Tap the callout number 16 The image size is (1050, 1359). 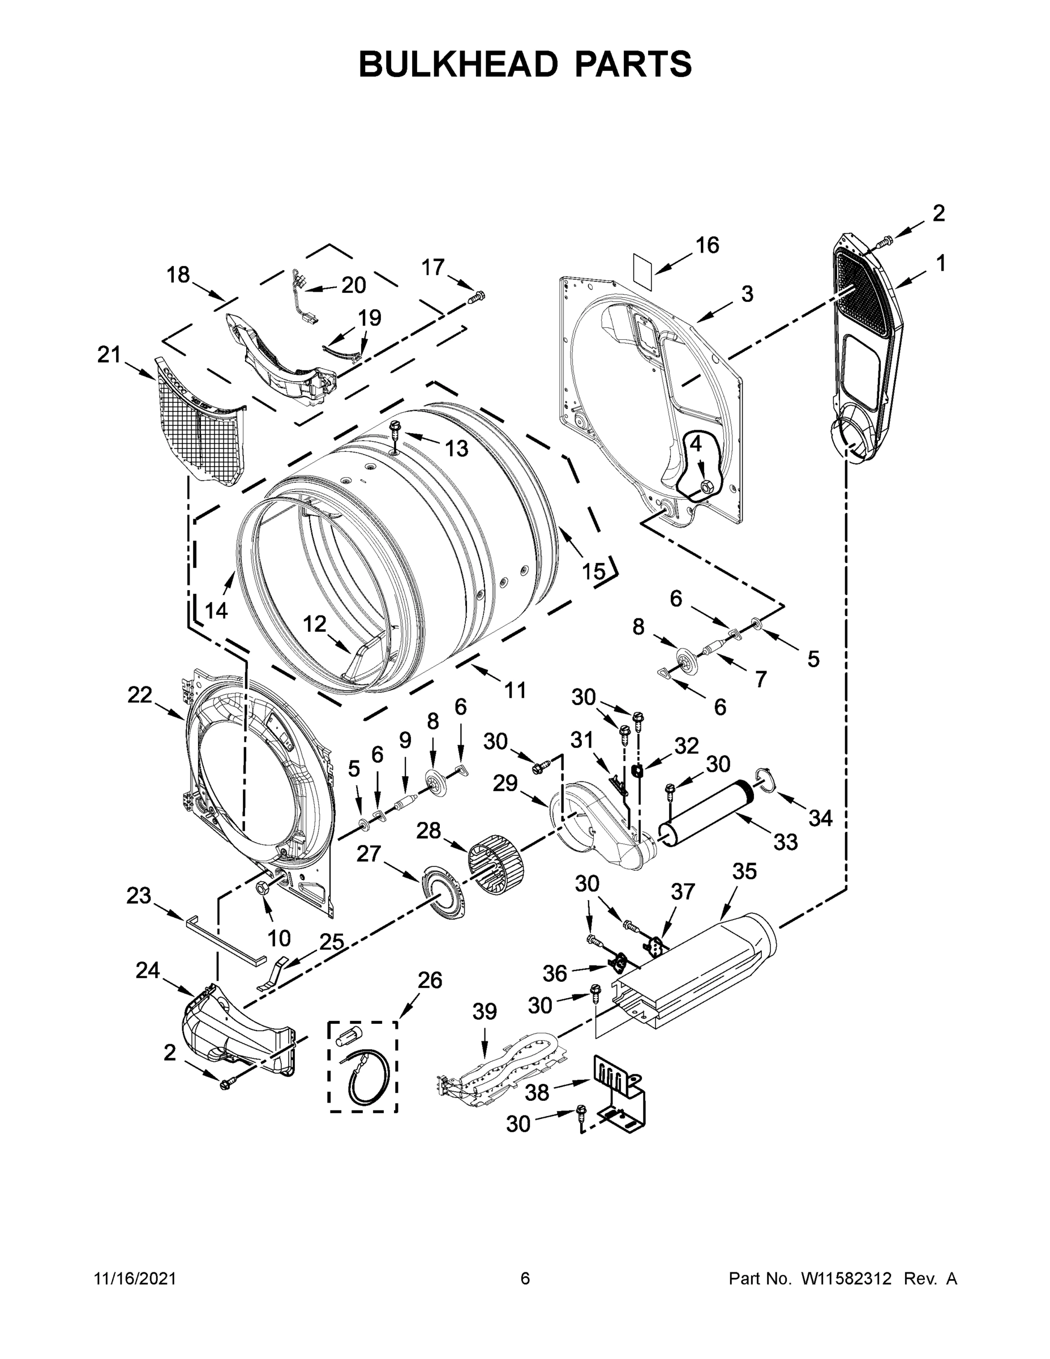click(707, 245)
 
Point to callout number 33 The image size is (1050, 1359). click(785, 842)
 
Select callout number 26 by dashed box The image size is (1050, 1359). click(429, 980)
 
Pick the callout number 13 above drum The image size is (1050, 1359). click(457, 448)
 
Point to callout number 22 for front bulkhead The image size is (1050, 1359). click(139, 695)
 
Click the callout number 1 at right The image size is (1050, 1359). click(941, 264)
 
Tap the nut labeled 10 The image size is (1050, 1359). click(262, 888)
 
